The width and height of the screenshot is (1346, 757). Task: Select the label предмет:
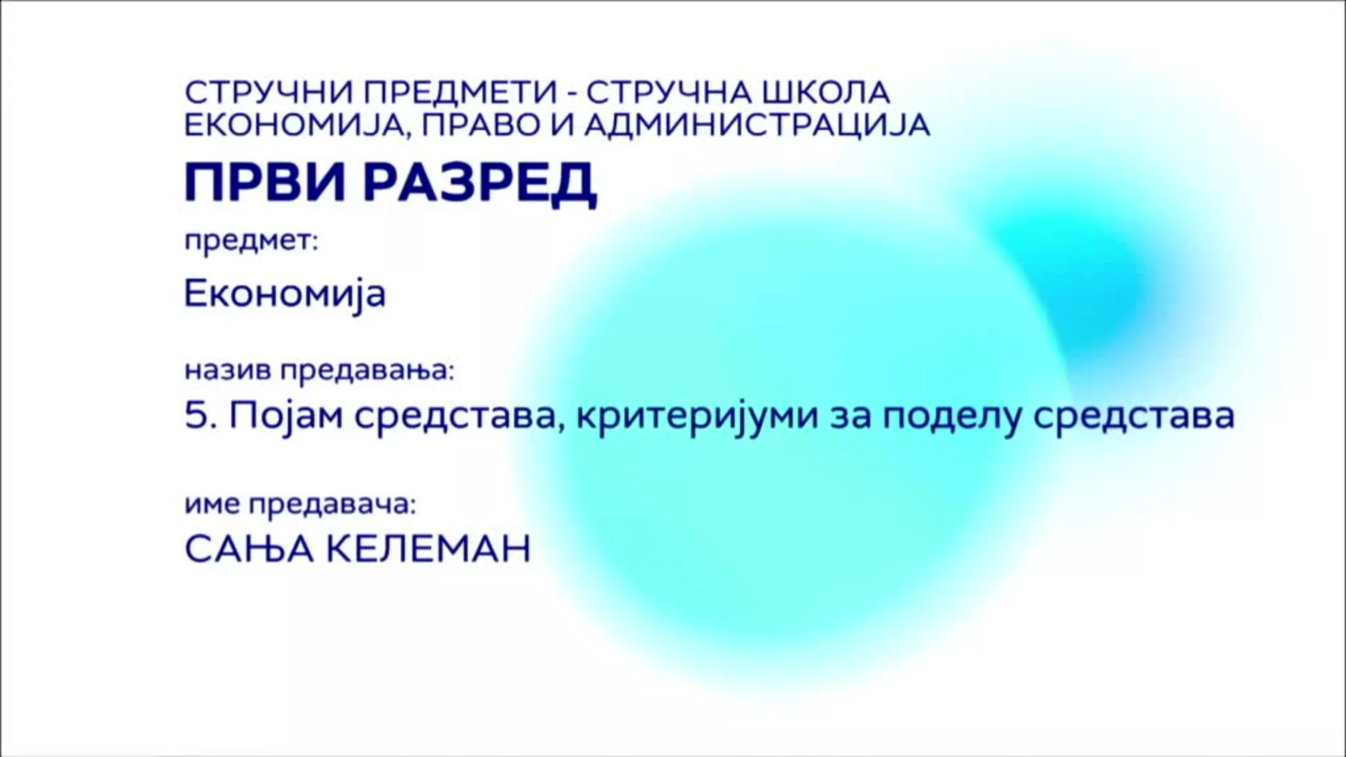(x=251, y=243)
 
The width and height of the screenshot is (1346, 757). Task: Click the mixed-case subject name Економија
(x=285, y=294)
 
